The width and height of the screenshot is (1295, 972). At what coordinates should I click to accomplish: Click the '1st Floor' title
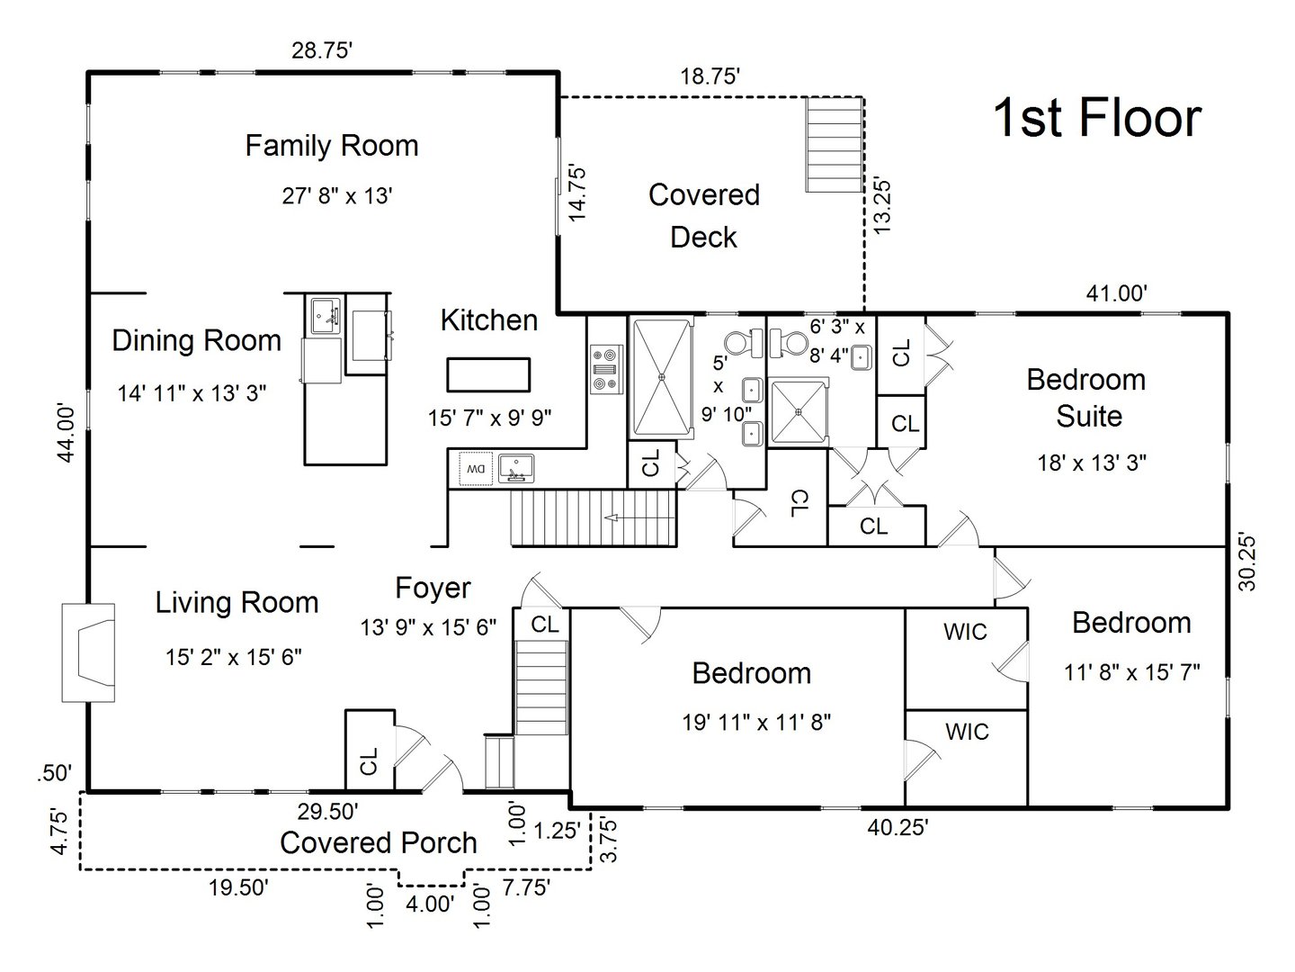pyautogui.click(x=1096, y=118)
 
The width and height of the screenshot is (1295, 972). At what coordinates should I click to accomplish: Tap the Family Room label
pyautogui.click(x=332, y=146)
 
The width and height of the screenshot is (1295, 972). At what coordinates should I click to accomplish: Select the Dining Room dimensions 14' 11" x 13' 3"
pyautogui.click(x=192, y=393)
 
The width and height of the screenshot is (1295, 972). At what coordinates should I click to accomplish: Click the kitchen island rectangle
pyautogui.click(x=488, y=374)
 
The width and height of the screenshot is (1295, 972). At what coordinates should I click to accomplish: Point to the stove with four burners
pyautogui.click(x=604, y=370)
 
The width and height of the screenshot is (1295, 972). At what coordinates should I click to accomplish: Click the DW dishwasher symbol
pyautogui.click(x=474, y=468)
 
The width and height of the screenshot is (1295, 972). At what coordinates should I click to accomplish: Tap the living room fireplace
pyautogui.click(x=88, y=652)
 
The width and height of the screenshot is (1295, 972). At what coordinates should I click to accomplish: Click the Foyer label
pyautogui.click(x=433, y=589)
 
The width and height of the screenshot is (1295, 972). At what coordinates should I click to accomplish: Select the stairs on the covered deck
pyautogui.click(x=833, y=143)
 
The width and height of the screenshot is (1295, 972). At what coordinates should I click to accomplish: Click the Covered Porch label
pyautogui.click(x=378, y=843)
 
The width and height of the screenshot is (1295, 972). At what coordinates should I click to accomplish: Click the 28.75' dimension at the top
pyautogui.click(x=321, y=51)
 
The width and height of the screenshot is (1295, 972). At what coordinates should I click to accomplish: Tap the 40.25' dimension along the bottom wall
pyautogui.click(x=897, y=827)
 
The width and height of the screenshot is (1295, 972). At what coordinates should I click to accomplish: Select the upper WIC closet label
pyautogui.click(x=965, y=633)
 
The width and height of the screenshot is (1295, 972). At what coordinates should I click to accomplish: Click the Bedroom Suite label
pyautogui.click(x=1086, y=397)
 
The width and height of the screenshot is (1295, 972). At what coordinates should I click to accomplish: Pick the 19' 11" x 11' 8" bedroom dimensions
pyautogui.click(x=755, y=721)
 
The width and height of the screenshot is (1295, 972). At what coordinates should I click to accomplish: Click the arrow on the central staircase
pyautogui.click(x=614, y=517)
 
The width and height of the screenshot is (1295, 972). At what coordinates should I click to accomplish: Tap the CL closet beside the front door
pyautogui.click(x=369, y=760)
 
